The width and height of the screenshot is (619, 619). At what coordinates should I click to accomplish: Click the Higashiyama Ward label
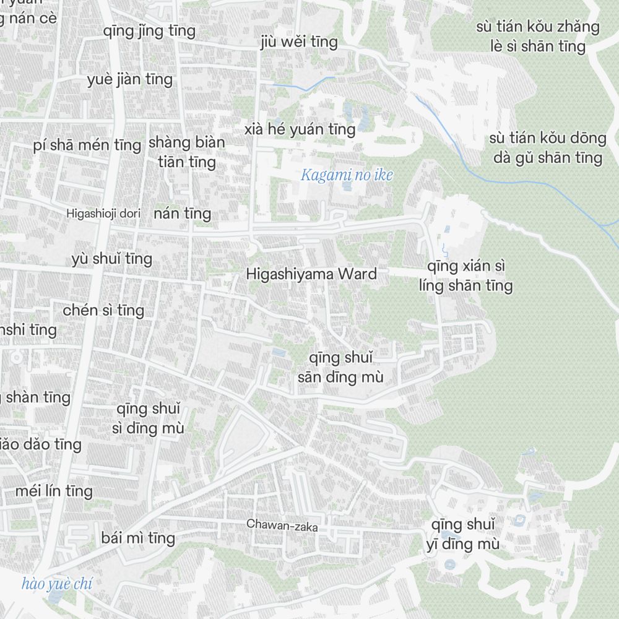pyautogui.click(x=311, y=274)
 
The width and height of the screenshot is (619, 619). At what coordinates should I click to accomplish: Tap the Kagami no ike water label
pyautogui.click(x=347, y=176)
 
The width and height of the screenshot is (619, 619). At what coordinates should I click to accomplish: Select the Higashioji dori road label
pyautogui.click(x=104, y=214)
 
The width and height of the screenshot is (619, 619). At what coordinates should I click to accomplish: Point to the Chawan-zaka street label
pyautogui.click(x=282, y=526)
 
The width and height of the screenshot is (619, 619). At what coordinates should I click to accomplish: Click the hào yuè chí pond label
pyautogui.click(x=56, y=584)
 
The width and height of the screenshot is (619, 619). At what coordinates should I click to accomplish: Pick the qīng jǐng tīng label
pyautogui.click(x=149, y=31)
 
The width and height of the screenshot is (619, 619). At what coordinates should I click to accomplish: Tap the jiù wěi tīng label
pyautogui.click(x=299, y=42)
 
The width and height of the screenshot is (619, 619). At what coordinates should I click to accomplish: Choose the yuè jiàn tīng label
pyautogui.click(x=130, y=80)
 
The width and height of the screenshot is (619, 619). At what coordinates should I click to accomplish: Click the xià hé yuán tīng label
pyautogui.click(x=300, y=129)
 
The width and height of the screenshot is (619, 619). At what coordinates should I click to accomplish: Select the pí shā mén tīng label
pyautogui.click(x=87, y=145)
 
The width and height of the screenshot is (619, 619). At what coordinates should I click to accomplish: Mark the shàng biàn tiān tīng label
pyautogui.click(x=186, y=152)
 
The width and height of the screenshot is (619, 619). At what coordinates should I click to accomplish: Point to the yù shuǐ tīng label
pyautogui.click(x=112, y=258)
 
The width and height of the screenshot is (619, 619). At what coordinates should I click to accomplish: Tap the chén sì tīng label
pyautogui.click(x=103, y=310)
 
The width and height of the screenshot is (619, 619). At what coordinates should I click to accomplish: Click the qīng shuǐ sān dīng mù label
pyautogui.click(x=340, y=368)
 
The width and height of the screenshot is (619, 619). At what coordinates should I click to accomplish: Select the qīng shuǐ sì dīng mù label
pyautogui.click(x=149, y=418)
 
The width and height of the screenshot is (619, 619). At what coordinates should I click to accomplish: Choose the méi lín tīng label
pyautogui.click(x=54, y=491)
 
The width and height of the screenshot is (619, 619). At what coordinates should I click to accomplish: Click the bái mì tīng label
pyautogui.click(x=139, y=538)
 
